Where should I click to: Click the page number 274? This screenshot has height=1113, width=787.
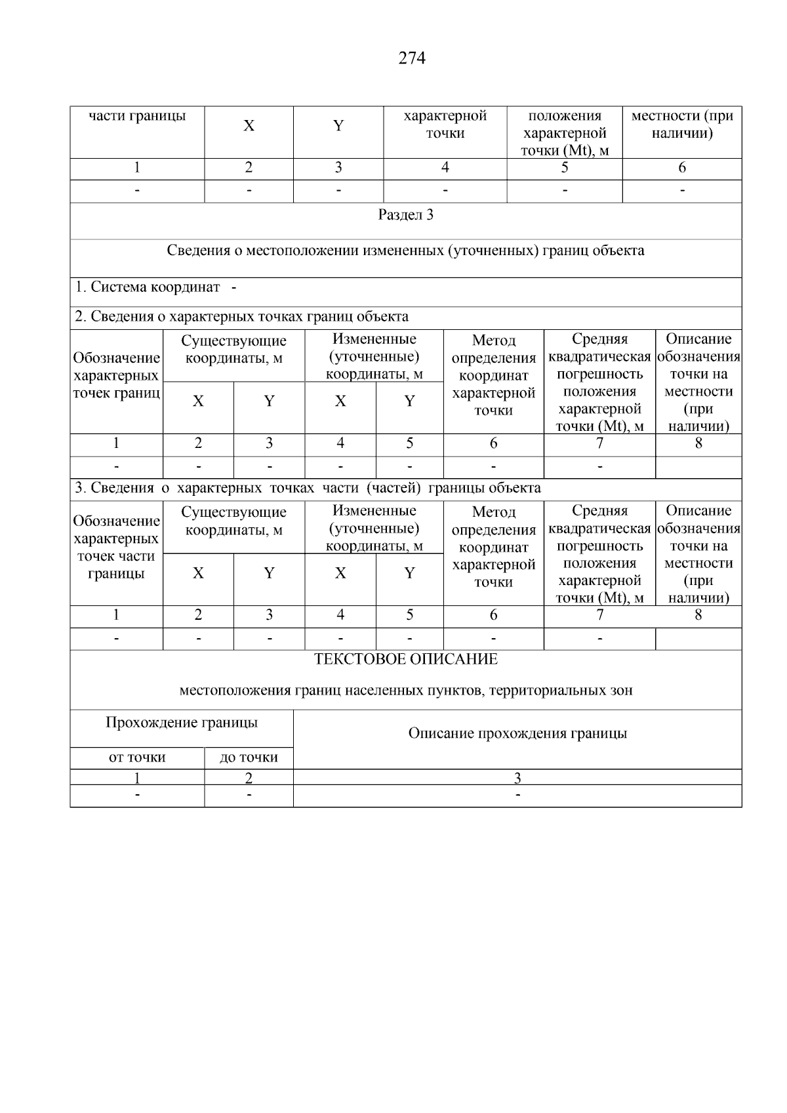pos(412,58)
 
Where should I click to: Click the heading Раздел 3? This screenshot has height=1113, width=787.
pos(406,215)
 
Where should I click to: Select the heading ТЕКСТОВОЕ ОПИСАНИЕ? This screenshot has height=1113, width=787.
pos(406,659)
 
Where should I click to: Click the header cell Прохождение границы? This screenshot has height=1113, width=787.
pos(182,723)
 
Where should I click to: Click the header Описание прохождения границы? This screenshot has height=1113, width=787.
pos(517,733)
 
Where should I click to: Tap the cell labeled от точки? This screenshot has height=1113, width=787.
pos(137,758)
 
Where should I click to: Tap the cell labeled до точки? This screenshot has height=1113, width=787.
pos(249,758)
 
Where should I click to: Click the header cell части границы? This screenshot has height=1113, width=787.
pos(137,116)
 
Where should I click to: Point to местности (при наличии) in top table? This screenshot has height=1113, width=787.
pos(682,125)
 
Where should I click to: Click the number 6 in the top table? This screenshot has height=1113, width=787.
pos(682,168)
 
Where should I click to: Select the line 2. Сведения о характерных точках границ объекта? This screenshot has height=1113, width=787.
pos(241,317)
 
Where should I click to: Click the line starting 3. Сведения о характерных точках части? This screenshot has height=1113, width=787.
pos(308,488)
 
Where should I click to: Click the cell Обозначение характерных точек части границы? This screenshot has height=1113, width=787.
pos(116,547)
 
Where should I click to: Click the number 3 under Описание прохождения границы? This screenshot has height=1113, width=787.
pos(517,778)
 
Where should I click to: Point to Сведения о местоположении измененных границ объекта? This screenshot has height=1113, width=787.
pos(406,251)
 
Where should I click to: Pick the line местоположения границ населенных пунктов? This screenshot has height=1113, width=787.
pos(406,691)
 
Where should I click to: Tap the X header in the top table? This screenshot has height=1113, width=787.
pos(249,126)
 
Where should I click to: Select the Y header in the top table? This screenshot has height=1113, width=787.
pos(338,126)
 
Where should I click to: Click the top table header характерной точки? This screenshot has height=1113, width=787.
pos(445,125)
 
